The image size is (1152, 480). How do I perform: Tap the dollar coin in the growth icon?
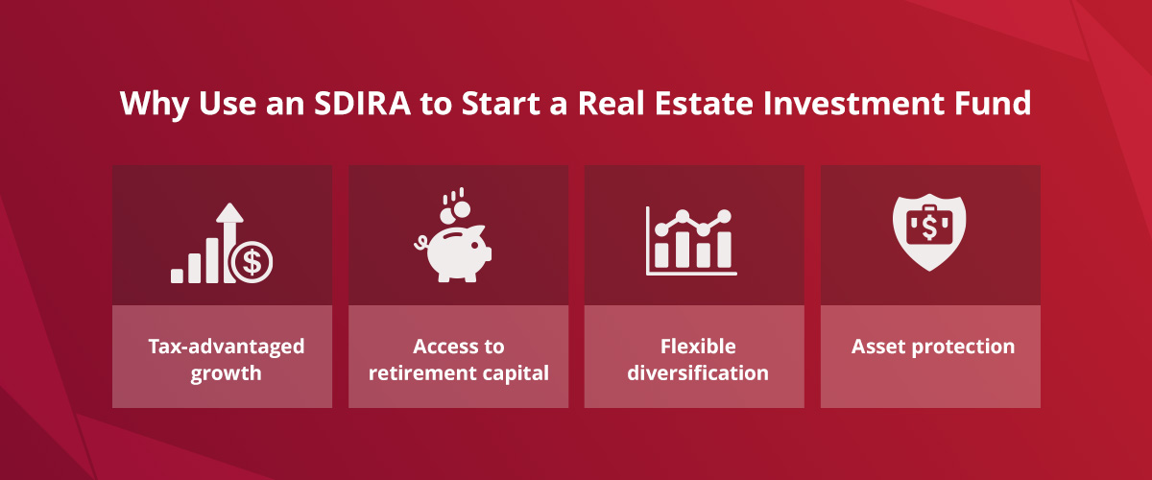point(252,262)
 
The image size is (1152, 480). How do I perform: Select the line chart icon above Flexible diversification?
point(691,240)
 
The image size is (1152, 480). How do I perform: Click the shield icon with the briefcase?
point(928,230)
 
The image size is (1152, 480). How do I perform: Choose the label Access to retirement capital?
point(459,359)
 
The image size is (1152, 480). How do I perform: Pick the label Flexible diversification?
point(695,359)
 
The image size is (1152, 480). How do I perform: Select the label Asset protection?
point(931,347)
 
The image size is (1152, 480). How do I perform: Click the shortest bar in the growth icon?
point(177,276)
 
